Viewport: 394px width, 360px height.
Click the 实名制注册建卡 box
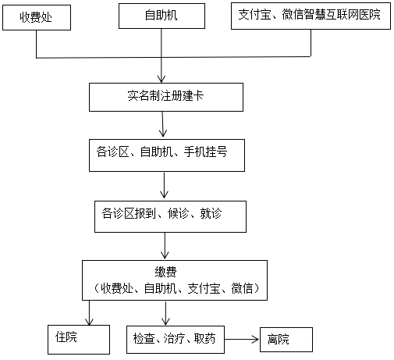coord(165,98)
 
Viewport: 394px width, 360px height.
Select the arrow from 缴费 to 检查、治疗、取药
coord(165,313)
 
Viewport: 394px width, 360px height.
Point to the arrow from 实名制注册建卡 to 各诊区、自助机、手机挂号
coord(163,125)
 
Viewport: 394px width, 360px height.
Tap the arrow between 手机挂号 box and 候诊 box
coord(164,185)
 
